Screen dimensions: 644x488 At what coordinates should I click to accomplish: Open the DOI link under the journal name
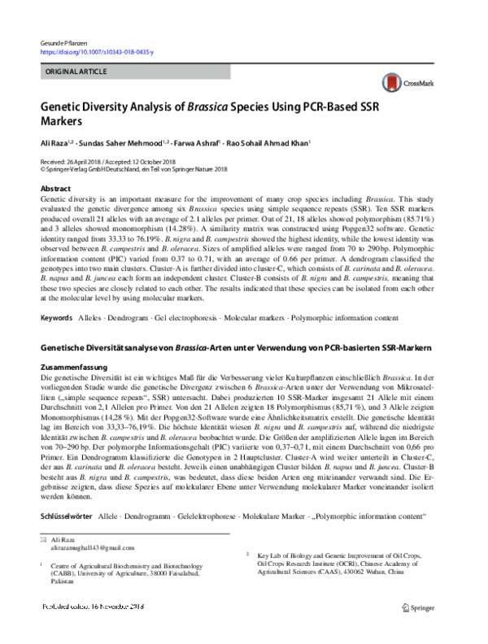pyautogui.click(x=96, y=51)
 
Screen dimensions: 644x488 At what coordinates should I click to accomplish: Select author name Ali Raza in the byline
pyautogui.click(x=54, y=142)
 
